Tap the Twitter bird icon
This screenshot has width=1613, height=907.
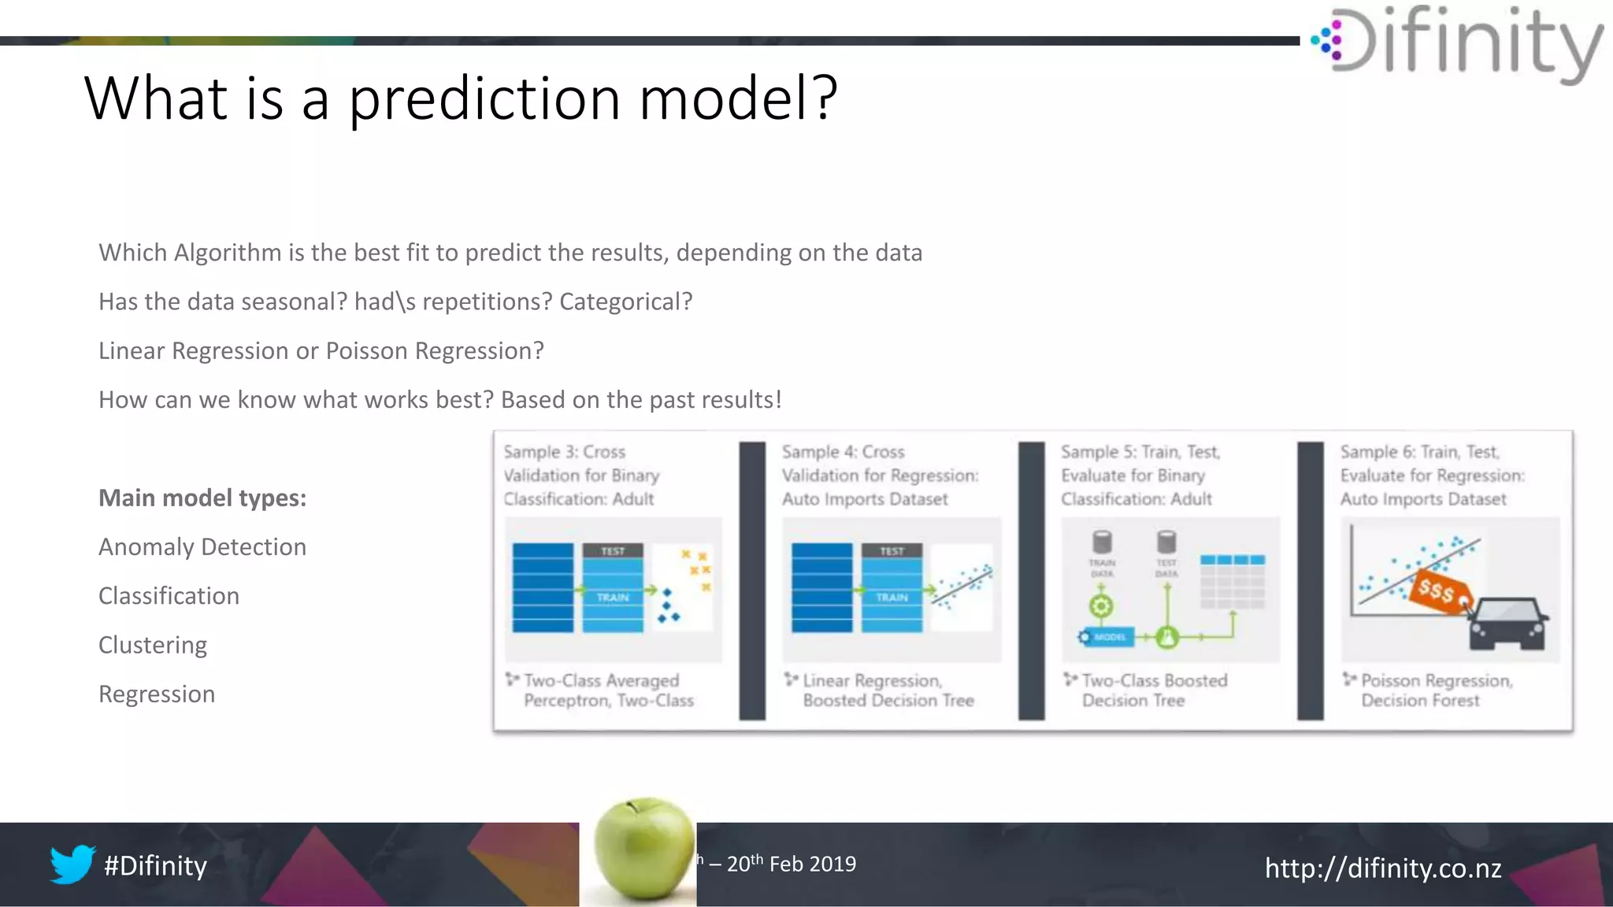tap(72, 864)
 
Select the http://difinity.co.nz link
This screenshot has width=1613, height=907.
tap(1382, 868)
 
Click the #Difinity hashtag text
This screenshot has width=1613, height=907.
tap(155, 865)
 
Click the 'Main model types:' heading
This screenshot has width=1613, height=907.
tap(202, 498)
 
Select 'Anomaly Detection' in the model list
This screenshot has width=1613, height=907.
tap(202, 546)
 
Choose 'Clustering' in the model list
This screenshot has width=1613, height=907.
tap(153, 645)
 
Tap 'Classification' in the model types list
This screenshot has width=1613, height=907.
tap(169, 596)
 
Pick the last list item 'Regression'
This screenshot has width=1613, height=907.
tap(157, 694)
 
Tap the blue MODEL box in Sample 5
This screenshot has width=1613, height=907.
tap(1107, 637)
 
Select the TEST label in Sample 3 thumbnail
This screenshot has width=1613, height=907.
tap(613, 551)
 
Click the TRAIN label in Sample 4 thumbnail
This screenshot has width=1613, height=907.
tap(892, 598)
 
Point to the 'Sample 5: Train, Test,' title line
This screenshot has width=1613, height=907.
tap(1140, 452)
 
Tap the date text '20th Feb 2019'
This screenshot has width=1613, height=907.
tap(791, 864)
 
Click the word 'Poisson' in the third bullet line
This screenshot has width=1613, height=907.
tap(367, 350)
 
